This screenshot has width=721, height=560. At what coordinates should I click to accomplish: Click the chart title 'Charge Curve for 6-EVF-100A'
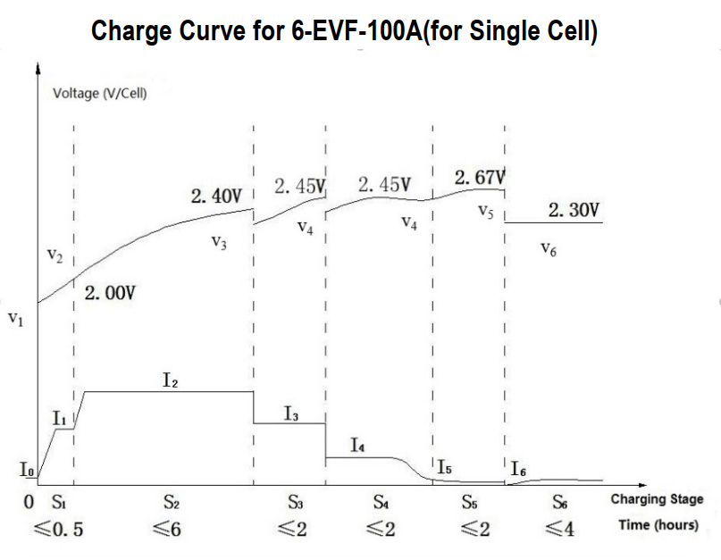(345, 32)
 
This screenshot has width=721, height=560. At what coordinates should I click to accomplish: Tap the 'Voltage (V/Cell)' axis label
(100, 94)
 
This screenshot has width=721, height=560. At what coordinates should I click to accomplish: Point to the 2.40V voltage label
(216, 196)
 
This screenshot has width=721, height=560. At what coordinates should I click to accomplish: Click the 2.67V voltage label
(480, 178)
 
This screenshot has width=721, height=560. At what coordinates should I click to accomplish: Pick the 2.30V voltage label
(573, 211)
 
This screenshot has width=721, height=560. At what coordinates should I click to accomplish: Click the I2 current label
(171, 380)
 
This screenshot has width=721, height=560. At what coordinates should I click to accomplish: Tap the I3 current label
(291, 413)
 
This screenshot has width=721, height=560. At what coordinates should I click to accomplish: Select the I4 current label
(357, 444)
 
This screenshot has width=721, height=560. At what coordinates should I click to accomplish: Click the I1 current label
(60, 417)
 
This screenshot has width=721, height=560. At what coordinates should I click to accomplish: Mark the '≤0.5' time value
(62, 529)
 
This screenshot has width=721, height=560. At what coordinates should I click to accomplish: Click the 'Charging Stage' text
(657, 499)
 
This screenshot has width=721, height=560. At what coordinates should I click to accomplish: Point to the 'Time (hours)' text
(658, 525)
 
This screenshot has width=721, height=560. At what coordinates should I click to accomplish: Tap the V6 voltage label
(549, 251)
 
